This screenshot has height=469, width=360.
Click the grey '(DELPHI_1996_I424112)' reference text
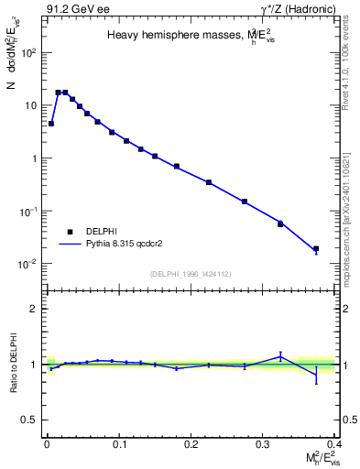coord(191,273)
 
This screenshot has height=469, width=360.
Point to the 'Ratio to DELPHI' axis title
coord(13,364)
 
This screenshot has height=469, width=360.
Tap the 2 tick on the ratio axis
coord(36,309)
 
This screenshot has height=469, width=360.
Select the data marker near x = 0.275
coord(245,202)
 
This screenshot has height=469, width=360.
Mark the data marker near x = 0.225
coord(209,182)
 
